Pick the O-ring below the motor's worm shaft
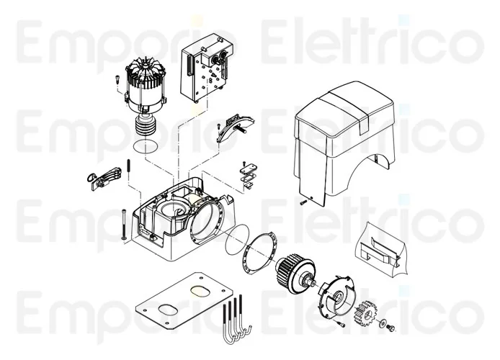point(147,147)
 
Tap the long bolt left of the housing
point(122,223)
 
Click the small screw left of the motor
point(115,84)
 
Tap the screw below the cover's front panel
point(303,202)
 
